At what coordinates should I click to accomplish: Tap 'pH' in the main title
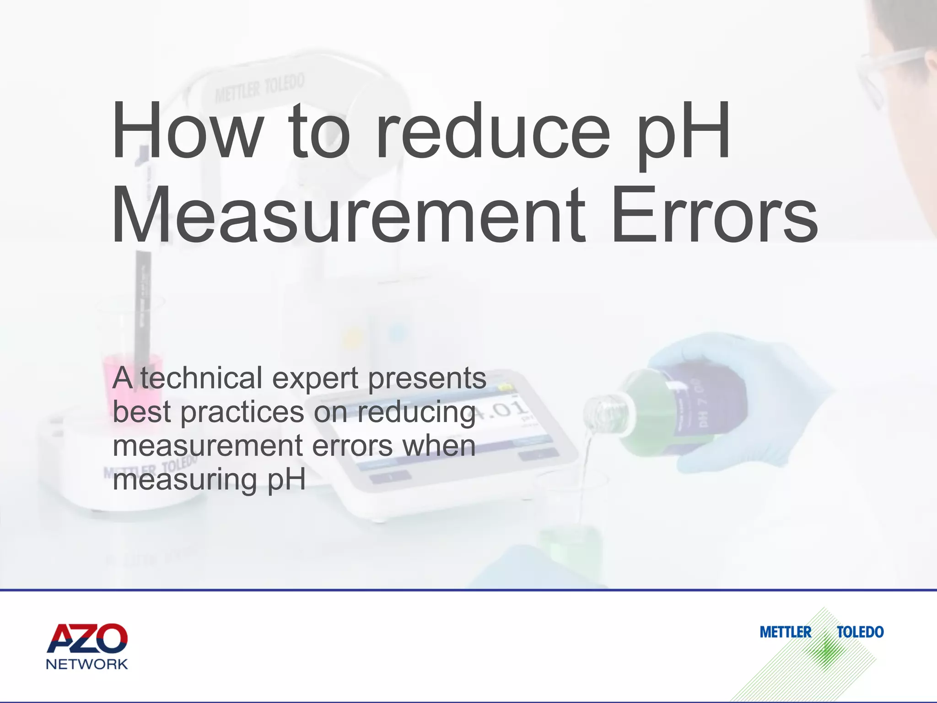click(x=684, y=133)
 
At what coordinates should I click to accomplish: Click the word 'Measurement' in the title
click(x=348, y=215)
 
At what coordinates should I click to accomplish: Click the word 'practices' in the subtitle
click(x=242, y=413)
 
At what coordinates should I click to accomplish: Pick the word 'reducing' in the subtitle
click(x=416, y=413)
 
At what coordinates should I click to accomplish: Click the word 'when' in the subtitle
click(x=439, y=446)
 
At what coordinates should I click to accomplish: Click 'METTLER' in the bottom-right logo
click(x=785, y=633)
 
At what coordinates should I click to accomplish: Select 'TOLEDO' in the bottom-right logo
click(x=860, y=633)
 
